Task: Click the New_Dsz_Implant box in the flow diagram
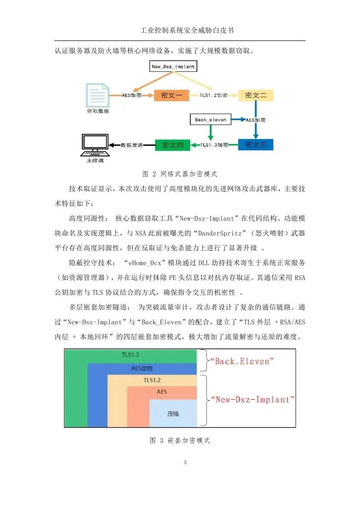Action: [173, 67]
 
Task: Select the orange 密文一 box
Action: [172, 95]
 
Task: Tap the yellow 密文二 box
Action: [256, 95]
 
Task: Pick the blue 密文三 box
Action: [256, 145]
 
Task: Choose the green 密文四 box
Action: [172, 145]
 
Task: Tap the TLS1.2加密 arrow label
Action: [214, 95]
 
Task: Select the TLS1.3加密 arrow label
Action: [214, 145]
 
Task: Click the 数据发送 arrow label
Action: [131, 145]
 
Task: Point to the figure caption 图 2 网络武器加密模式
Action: [180, 174]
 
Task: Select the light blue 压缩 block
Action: [173, 414]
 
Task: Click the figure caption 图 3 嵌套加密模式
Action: [180, 441]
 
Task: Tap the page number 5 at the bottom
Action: [185, 462]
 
